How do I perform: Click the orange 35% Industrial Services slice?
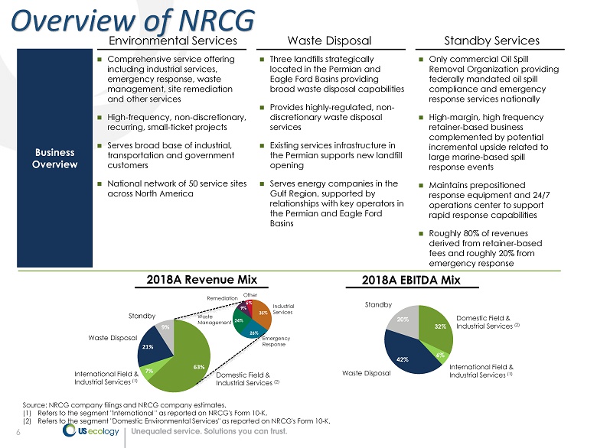click(x=263, y=312)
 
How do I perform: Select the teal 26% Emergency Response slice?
click(x=253, y=332)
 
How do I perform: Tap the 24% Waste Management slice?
click(x=240, y=320)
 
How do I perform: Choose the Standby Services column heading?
click(x=492, y=41)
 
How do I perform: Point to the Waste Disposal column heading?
click(x=329, y=41)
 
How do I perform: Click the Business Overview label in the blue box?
click(x=49, y=158)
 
